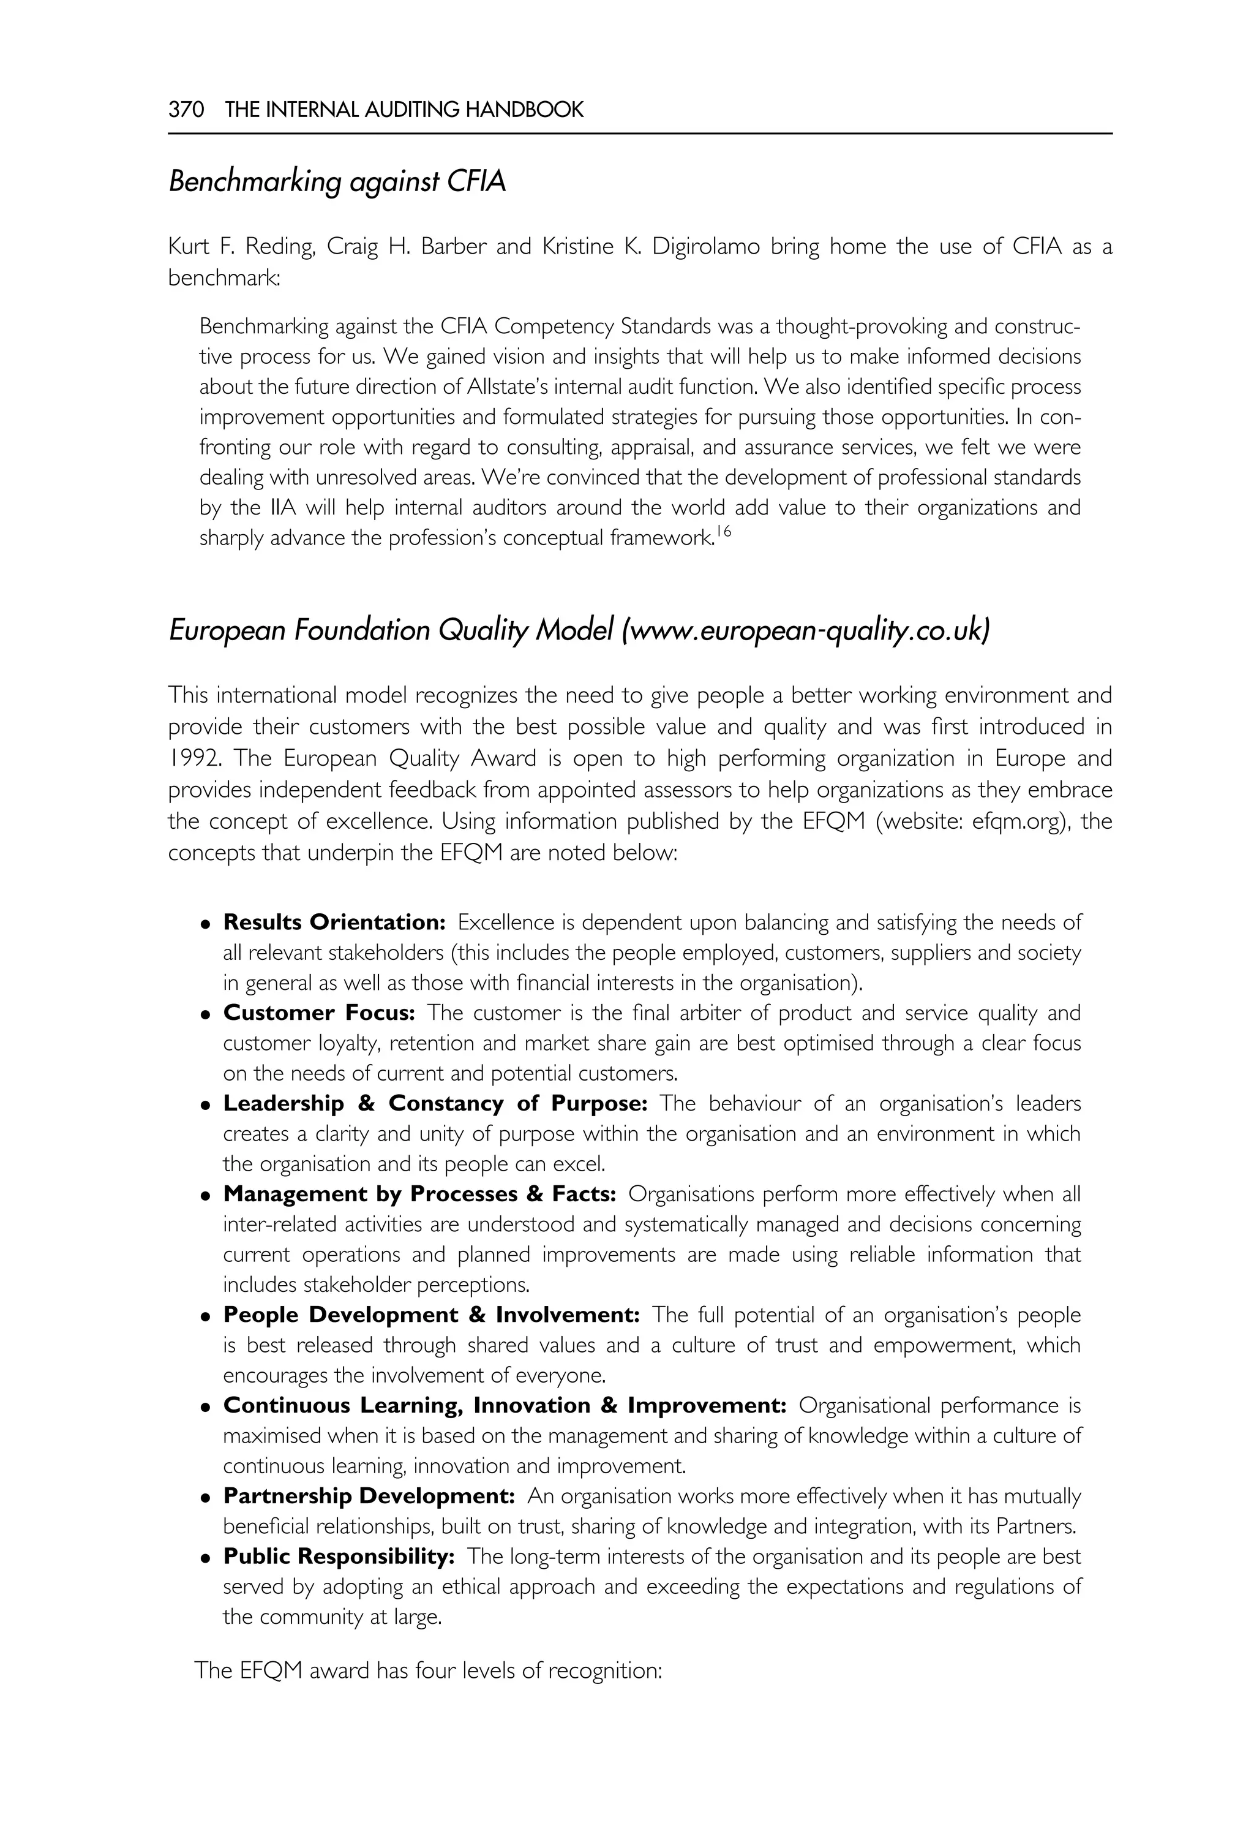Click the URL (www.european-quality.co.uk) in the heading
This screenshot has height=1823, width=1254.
pos(806,630)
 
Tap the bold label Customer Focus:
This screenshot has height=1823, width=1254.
pos(319,1013)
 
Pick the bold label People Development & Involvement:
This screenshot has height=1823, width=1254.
pos(431,1315)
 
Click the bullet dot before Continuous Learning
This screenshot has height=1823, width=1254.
pos(205,1408)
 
